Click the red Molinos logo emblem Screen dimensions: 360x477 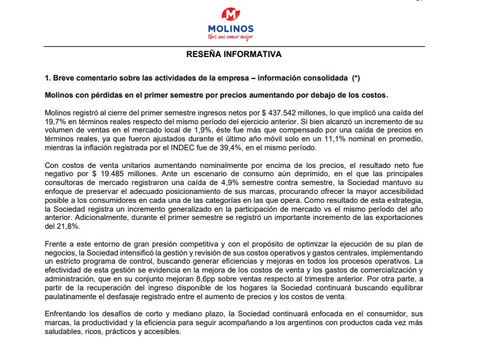coord(231,13)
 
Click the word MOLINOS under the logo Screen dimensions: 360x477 coord(231,29)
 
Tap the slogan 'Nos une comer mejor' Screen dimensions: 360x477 coord(231,37)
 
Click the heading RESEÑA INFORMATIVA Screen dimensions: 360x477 coord(234,55)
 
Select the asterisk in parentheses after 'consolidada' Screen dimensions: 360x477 coord(356,78)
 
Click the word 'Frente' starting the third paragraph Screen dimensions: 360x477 coord(56,244)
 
